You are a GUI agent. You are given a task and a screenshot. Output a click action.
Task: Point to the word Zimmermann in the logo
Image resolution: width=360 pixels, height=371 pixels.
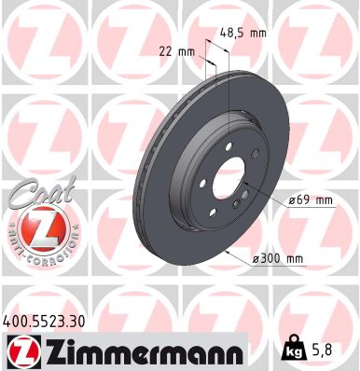coord(141,351)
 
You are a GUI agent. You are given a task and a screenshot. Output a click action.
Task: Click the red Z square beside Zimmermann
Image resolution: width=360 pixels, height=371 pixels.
coord(19,350)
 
